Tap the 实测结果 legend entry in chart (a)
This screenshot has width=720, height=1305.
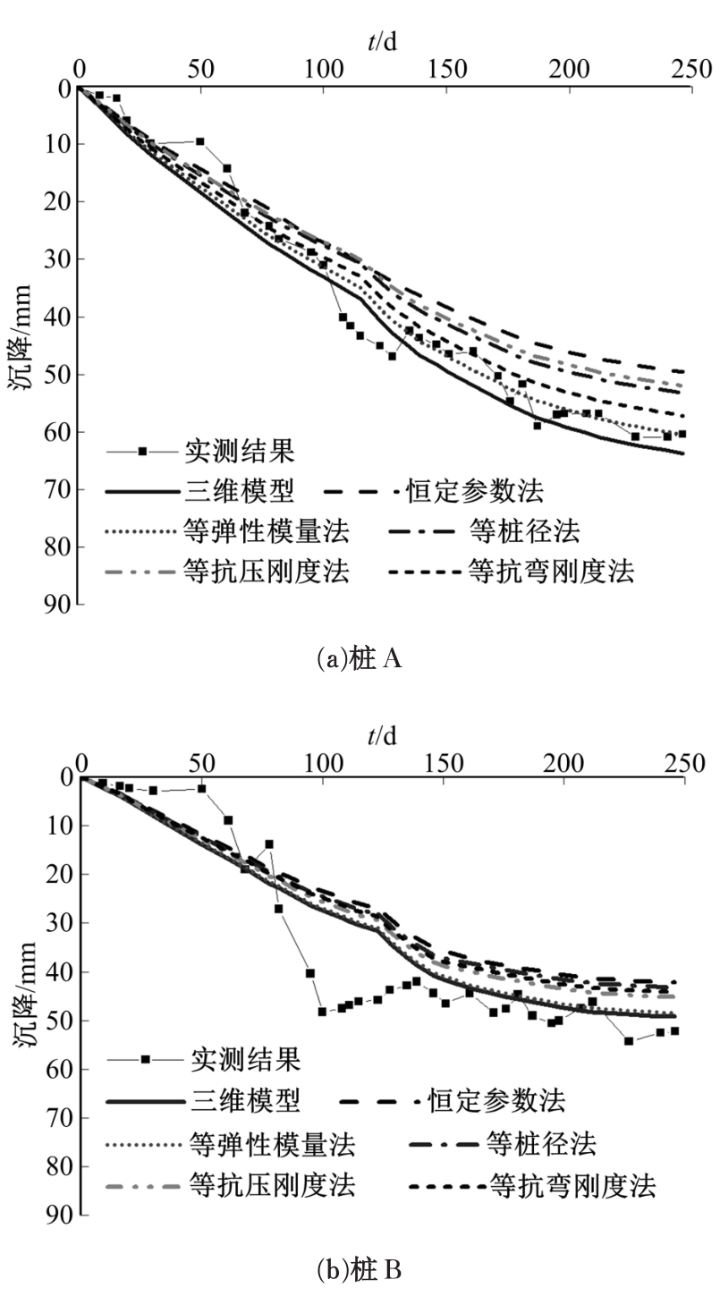pyautogui.click(x=239, y=450)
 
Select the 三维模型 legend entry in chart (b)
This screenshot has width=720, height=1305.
pyautogui.click(x=245, y=1099)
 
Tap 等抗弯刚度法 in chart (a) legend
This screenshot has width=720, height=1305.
pyautogui.click(x=551, y=572)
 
